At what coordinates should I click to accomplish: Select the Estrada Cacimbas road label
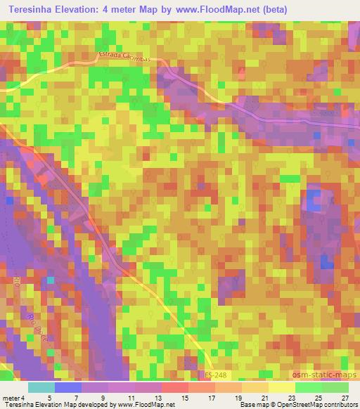click(124, 60)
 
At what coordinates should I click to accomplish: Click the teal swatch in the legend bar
click(41, 387)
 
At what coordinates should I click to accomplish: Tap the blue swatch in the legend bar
click(68, 387)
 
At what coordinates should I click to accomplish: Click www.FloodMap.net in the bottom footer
click(145, 405)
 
